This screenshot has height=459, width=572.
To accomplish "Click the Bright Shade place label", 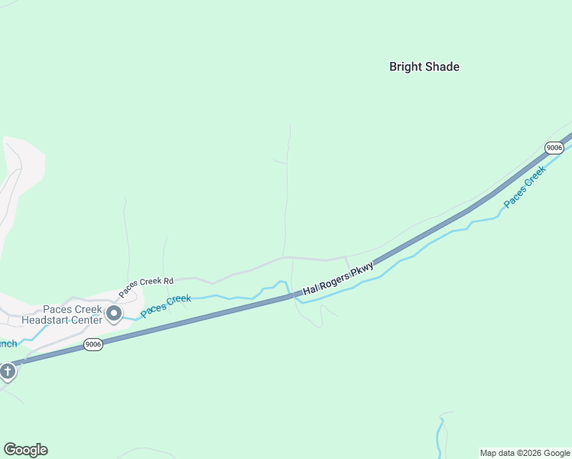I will point(424,67).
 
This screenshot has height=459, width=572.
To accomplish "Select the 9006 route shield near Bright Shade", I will point(554,147).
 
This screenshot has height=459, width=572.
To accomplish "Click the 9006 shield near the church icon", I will point(93,344).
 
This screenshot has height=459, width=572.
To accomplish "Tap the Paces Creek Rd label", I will point(146,287).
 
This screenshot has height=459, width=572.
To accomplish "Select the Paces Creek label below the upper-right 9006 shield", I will point(525,186).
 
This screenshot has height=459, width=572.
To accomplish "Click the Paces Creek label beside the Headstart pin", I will point(166,303).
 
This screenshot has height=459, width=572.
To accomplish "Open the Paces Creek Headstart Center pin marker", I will point(114,313).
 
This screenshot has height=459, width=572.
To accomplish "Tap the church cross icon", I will point(8,373).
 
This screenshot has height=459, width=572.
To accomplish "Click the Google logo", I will point(25,450).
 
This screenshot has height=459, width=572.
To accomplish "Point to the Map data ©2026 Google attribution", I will point(525,453).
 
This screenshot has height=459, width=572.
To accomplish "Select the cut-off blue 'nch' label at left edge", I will point(8,343).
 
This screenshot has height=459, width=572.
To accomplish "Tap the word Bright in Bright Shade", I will point(405,67).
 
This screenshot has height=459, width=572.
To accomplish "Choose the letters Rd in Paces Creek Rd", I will point(168,281).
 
